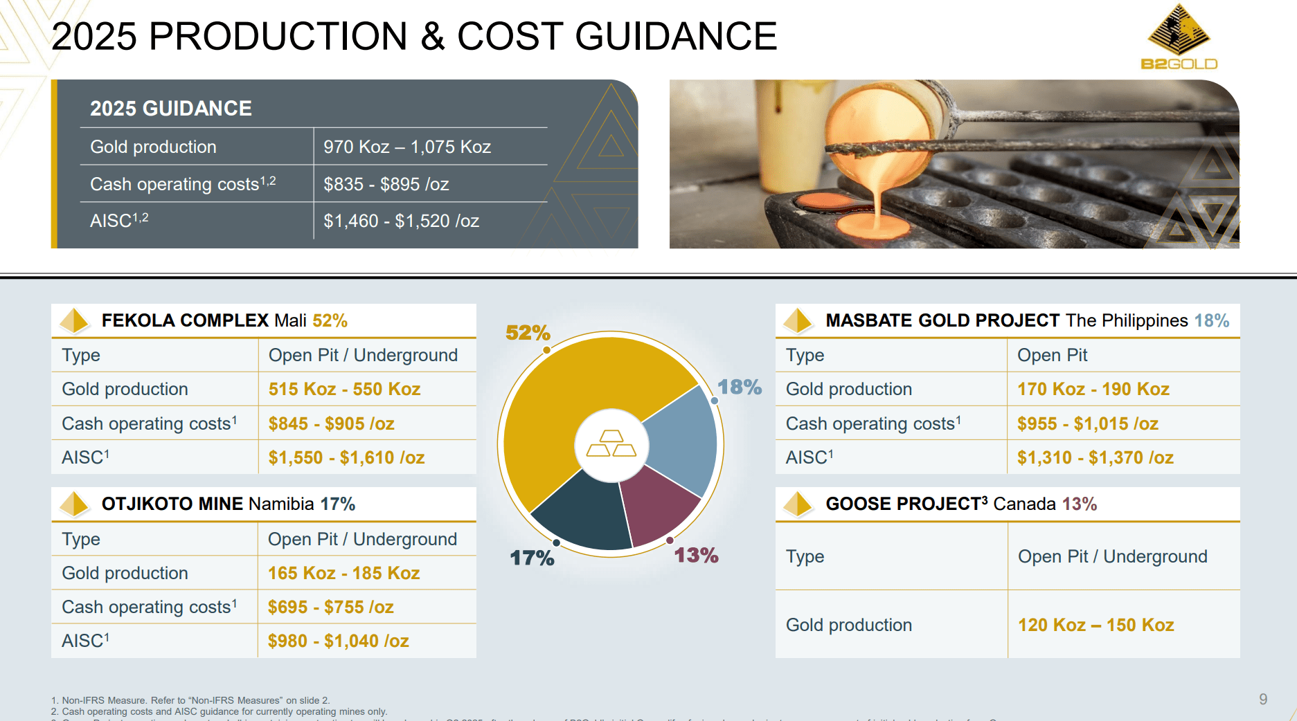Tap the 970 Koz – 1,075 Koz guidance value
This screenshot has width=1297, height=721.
pyautogui.click(x=407, y=147)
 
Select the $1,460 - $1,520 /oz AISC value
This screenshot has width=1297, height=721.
pyautogui.click(x=401, y=221)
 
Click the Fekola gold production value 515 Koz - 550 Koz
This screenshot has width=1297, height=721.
pyautogui.click(x=344, y=389)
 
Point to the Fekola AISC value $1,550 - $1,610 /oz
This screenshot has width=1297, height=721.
pyautogui.click(x=346, y=457)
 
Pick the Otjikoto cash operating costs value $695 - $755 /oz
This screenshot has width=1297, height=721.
pyautogui.click(x=330, y=607)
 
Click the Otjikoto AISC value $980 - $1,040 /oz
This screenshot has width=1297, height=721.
pyautogui.click(x=338, y=641)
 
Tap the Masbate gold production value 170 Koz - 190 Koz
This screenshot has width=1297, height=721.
pyautogui.click(x=1093, y=389)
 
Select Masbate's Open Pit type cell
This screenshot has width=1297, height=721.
pyautogui.click(x=1052, y=355)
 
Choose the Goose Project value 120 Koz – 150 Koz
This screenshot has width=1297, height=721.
pyautogui.click(x=1095, y=625)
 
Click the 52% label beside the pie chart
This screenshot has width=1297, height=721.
pyautogui.click(x=528, y=333)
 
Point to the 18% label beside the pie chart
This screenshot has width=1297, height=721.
pyautogui.click(x=739, y=387)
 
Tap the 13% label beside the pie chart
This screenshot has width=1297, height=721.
pyautogui.click(x=696, y=555)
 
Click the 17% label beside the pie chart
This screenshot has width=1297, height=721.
pyautogui.click(x=532, y=558)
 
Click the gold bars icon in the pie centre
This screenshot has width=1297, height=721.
pyautogui.click(x=611, y=444)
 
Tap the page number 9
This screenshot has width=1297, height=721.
pyautogui.click(x=1263, y=699)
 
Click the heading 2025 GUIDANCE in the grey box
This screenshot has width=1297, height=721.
pyautogui.click(x=171, y=109)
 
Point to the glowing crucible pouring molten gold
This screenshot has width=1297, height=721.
pyautogui.click(x=879, y=131)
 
